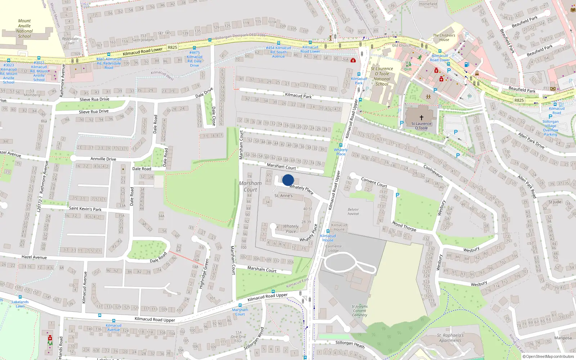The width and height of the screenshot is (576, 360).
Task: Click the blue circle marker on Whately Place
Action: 288,180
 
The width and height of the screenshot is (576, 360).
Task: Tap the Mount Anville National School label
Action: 24,28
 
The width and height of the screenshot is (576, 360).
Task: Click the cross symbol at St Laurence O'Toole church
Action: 422,118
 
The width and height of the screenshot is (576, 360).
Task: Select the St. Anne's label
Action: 283,196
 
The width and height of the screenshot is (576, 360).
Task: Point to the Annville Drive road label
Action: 103,159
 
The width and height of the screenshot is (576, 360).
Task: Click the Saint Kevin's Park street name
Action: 85,208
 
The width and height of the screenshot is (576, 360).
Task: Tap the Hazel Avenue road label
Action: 34,257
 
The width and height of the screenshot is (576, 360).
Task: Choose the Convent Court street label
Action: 374,183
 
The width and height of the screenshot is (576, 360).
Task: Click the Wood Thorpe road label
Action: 404,226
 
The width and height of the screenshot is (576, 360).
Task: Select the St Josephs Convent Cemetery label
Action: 360,311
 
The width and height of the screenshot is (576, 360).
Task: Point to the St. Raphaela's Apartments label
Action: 450,338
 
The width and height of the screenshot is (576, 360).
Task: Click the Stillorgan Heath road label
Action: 350,345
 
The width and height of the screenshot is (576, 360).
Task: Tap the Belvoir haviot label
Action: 353,212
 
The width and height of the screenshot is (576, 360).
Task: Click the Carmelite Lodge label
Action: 333,248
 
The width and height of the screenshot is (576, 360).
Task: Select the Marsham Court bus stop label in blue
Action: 240,312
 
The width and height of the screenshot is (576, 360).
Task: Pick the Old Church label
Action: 401,45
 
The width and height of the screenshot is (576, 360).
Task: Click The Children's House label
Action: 444,37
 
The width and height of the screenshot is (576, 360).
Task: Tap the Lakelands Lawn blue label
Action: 20,304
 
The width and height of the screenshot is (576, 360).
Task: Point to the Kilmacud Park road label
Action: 298,96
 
